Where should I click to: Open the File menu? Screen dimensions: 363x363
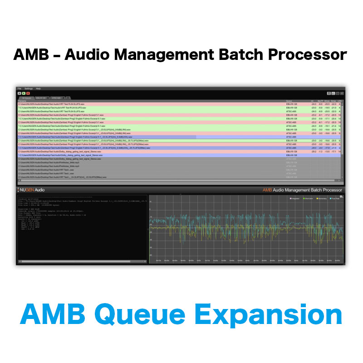[x=19, y=88]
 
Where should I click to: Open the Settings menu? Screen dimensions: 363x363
[x=28, y=88]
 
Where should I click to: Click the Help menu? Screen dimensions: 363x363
[x=38, y=88]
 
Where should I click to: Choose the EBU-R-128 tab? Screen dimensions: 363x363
[x=41, y=98]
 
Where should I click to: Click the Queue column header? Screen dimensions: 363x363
[x=289, y=101]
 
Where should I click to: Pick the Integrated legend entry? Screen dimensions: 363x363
[x=295, y=198]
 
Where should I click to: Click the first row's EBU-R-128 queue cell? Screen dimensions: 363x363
[x=291, y=104]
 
